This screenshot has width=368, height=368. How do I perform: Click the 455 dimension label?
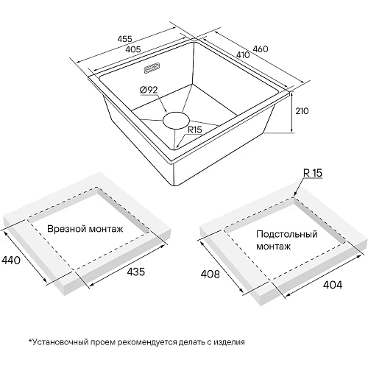tap(125, 39)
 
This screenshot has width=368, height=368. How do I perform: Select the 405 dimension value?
tap(133, 49)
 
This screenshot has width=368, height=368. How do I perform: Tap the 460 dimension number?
tap(261, 49)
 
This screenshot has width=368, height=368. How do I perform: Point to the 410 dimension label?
tap(243, 54)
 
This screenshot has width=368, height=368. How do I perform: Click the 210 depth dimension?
tap(302, 111)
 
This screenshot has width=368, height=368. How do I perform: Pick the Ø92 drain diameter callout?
tap(149, 90)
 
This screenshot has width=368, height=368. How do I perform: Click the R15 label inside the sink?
tap(195, 130)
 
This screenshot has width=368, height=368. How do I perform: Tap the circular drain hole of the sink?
tap(176, 120)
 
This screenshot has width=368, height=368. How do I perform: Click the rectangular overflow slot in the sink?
tap(152, 68)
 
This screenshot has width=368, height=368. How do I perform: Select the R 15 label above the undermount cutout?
tap(313, 173)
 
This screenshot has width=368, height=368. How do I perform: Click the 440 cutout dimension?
tap(11, 260)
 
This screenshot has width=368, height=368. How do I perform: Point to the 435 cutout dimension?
tap(136, 272)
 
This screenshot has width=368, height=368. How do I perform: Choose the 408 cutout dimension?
tap(210, 274)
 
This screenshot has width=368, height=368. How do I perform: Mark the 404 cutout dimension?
tap(333, 285)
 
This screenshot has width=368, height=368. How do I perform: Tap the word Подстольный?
tap(287, 234)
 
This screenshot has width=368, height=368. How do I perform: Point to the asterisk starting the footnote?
tap(30, 341)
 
